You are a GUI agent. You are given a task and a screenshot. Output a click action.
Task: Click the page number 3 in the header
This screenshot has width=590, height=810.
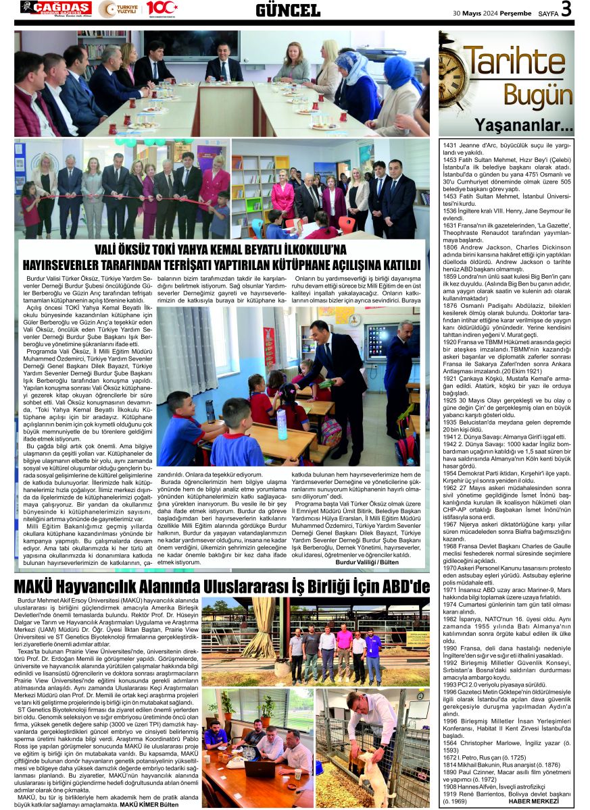[x=566, y=9]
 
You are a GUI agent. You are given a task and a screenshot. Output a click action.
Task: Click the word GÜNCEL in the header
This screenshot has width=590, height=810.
[x=288, y=9]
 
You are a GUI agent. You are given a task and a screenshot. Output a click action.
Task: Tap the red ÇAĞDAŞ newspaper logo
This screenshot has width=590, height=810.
[x=55, y=7]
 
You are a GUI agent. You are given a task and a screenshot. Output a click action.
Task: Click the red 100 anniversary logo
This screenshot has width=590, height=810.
[x=161, y=8]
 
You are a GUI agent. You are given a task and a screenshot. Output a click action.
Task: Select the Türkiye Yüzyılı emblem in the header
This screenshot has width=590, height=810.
[x=119, y=9]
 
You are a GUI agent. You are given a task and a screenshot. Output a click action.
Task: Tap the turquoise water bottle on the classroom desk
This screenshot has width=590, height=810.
[x=281, y=423]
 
